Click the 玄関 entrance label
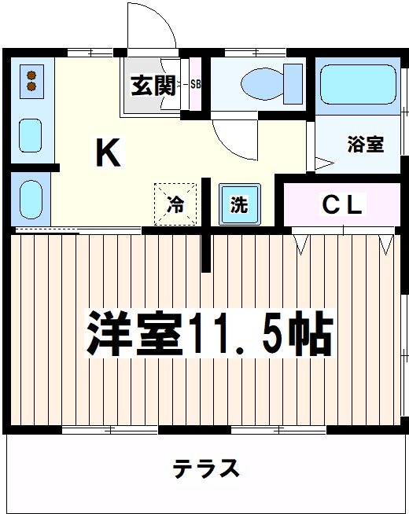click(x=153, y=86)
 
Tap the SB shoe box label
click(x=196, y=84)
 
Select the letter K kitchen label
click(x=108, y=152)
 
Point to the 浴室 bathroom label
click(x=366, y=145)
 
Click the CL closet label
click(x=342, y=204)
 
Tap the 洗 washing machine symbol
click(x=239, y=204)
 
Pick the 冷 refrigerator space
click(x=175, y=204)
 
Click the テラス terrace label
click(x=206, y=468)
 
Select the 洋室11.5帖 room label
click(x=210, y=333)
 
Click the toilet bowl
click(x=262, y=83)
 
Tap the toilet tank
click(x=293, y=84)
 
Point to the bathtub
click(x=358, y=85)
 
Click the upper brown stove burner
click(x=31, y=75)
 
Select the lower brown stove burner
click(x=31, y=86)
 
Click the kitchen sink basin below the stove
click(x=30, y=135)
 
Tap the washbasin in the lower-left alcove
click(x=31, y=200)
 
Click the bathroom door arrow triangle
click(x=324, y=163)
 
